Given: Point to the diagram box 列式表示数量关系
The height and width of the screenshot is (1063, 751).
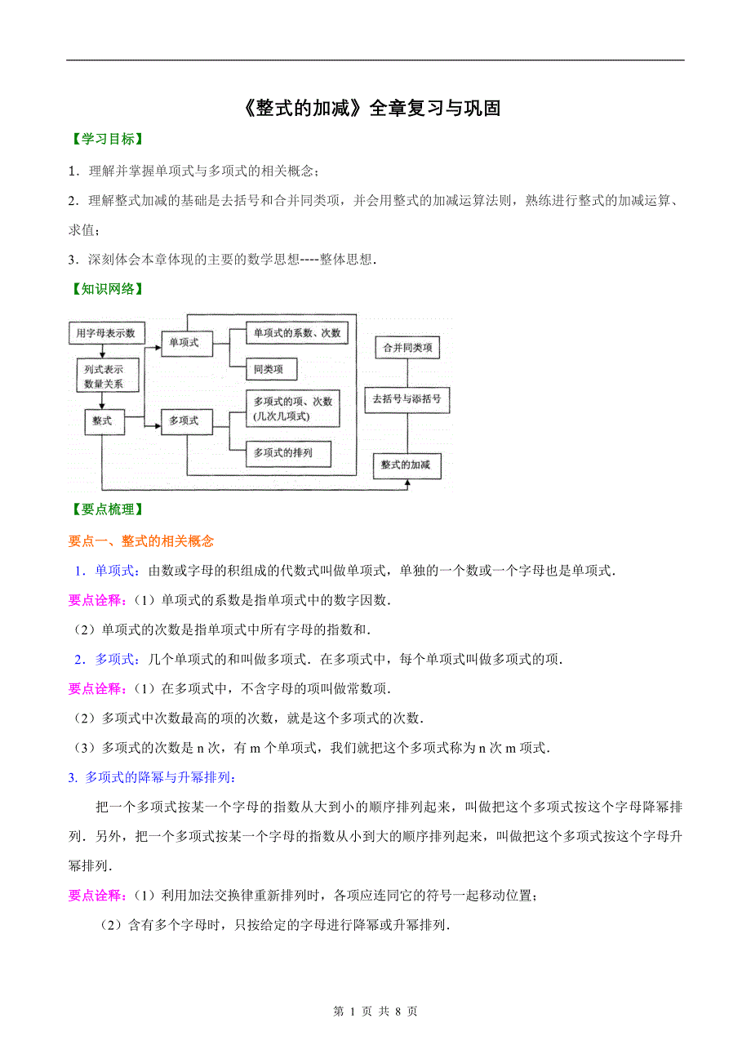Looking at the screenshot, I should tap(103, 376).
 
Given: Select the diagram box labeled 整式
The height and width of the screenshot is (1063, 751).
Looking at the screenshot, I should tap(103, 421).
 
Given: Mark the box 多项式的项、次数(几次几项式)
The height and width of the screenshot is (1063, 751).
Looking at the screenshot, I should tap(294, 408).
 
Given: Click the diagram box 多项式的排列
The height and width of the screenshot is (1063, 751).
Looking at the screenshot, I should tap(282, 452).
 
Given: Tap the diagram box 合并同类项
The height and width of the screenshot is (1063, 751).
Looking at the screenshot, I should tap(407, 349).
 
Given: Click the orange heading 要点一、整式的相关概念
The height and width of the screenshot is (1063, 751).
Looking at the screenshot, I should tap(140, 540).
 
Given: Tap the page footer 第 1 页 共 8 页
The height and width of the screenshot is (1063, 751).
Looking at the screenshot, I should tap(375, 1012).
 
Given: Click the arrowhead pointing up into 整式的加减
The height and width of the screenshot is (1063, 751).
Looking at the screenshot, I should tap(407, 483).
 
